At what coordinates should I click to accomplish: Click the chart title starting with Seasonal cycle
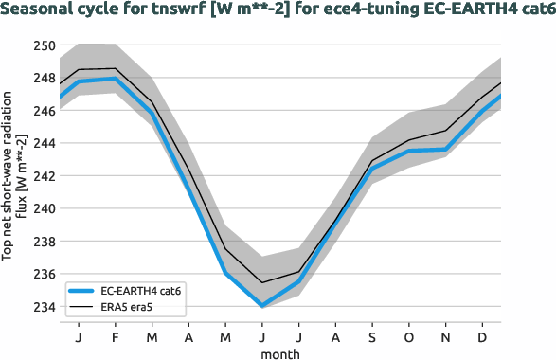click(278, 10)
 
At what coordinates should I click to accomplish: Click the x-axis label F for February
click(114, 336)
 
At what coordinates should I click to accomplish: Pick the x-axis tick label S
click(372, 336)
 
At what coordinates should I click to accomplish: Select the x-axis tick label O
click(409, 336)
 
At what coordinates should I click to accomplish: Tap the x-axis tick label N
click(446, 336)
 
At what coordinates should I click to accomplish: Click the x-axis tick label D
click(483, 336)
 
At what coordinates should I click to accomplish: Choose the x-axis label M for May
click(224, 336)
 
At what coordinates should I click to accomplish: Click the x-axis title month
click(280, 352)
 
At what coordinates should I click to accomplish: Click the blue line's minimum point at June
click(261, 306)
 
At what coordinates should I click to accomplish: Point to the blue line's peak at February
click(114, 79)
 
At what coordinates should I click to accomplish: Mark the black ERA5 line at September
click(372, 160)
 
